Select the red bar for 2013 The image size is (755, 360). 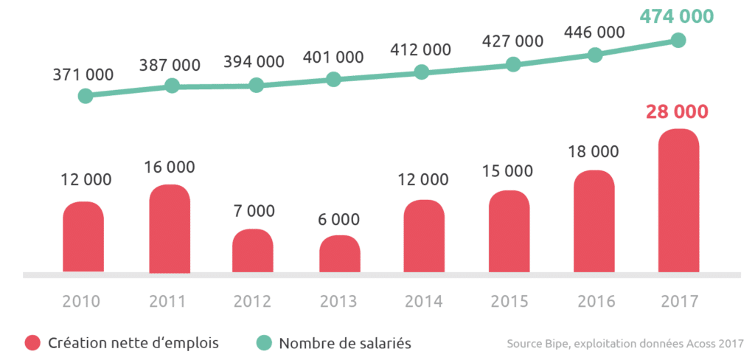pyautogui.click(x=340, y=254)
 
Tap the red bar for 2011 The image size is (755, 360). pyautogui.click(x=170, y=229)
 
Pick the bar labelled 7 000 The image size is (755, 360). pyautogui.click(x=253, y=251)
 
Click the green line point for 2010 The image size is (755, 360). pyautogui.click(x=86, y=96)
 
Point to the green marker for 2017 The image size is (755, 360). pyautogui.click(x=679, y=41)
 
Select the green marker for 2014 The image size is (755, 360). pyautogui.click(x=421, y=72)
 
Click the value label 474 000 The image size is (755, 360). pyautogui.click(x=677, y=16)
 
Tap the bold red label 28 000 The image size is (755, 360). pyautogui.click(x=677, y=112)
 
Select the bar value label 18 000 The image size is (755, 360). pyautogui.click(x=594, y=152)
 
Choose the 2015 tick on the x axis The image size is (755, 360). pyautogui.click(x=509, y=301)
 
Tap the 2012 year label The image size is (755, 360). pyautogui.click(x=252, y=301)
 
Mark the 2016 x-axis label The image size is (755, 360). pyautogui.click(x=594, y=301)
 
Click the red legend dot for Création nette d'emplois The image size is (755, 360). pyautogui.click(x=32, y=343)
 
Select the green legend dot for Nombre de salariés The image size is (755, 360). pyautogui.click(x=264, y=343)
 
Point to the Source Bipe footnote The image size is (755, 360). pyautogui.click(x=625, y=344)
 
